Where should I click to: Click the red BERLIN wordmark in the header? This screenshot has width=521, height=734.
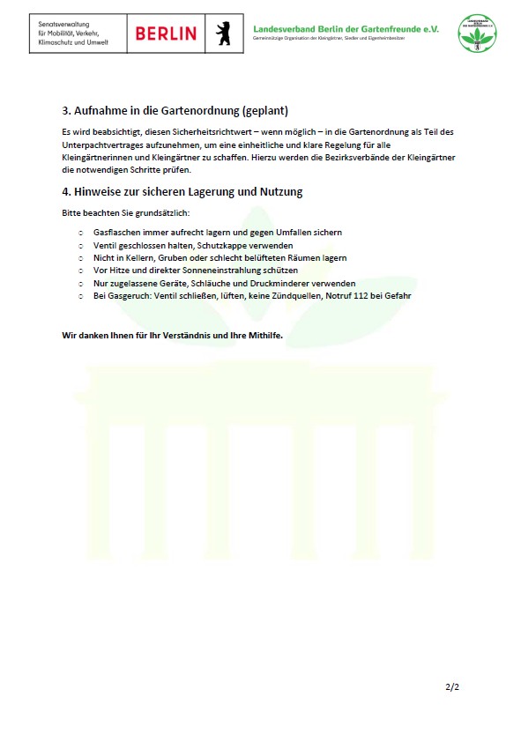166,33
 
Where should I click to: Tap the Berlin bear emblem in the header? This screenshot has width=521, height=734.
223,33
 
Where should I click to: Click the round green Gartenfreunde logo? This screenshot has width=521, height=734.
477,33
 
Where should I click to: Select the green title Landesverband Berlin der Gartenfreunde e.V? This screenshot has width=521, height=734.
345,28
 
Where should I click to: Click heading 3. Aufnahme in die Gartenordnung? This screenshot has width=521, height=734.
175,111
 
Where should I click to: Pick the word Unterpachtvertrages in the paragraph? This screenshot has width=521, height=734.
100,145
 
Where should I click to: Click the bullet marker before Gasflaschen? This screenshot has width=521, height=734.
80,233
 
